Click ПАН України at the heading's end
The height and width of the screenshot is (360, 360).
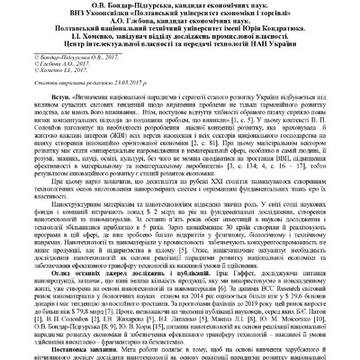pyautogui.click(x=275, y=58)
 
